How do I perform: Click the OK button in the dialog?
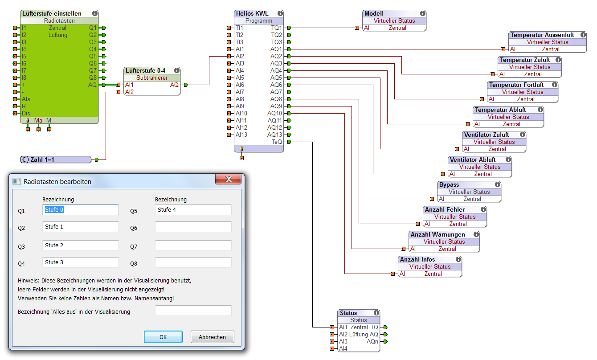pyautogui.click(x=163, y=337)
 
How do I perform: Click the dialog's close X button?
pyautogui.click(x=229, y=179)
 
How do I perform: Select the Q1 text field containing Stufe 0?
pyautogui.click(x=81, y=210)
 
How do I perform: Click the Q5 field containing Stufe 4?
pyautogui.click(x=193, y=210)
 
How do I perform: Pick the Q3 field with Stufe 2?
pyautogui.click(x=81, y=245)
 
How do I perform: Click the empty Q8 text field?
pyautogui.click(x=193, y=262)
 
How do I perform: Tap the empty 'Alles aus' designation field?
pyautogui.click(x=193, y=311)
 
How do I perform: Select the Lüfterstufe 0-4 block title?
pyautogui.click(x=146, y=70)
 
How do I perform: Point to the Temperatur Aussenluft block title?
pyautogui.click(x=542, y=35)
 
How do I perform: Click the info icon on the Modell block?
pyautogui.click(x=422, y=13)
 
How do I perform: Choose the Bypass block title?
pyautogui.click(x=449, y=184)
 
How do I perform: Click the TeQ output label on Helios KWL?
pyautogui.click(x=277, y=142)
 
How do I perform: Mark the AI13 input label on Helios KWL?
pyautogui.click(x=241, y=135)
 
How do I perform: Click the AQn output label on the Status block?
pyautogui.click(x=372, y=341)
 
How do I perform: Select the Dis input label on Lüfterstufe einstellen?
pyautogui.click(x=26, y=113)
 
